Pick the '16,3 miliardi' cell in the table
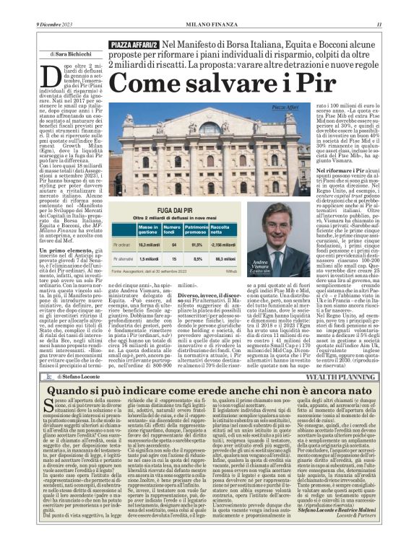click(148, 245)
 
